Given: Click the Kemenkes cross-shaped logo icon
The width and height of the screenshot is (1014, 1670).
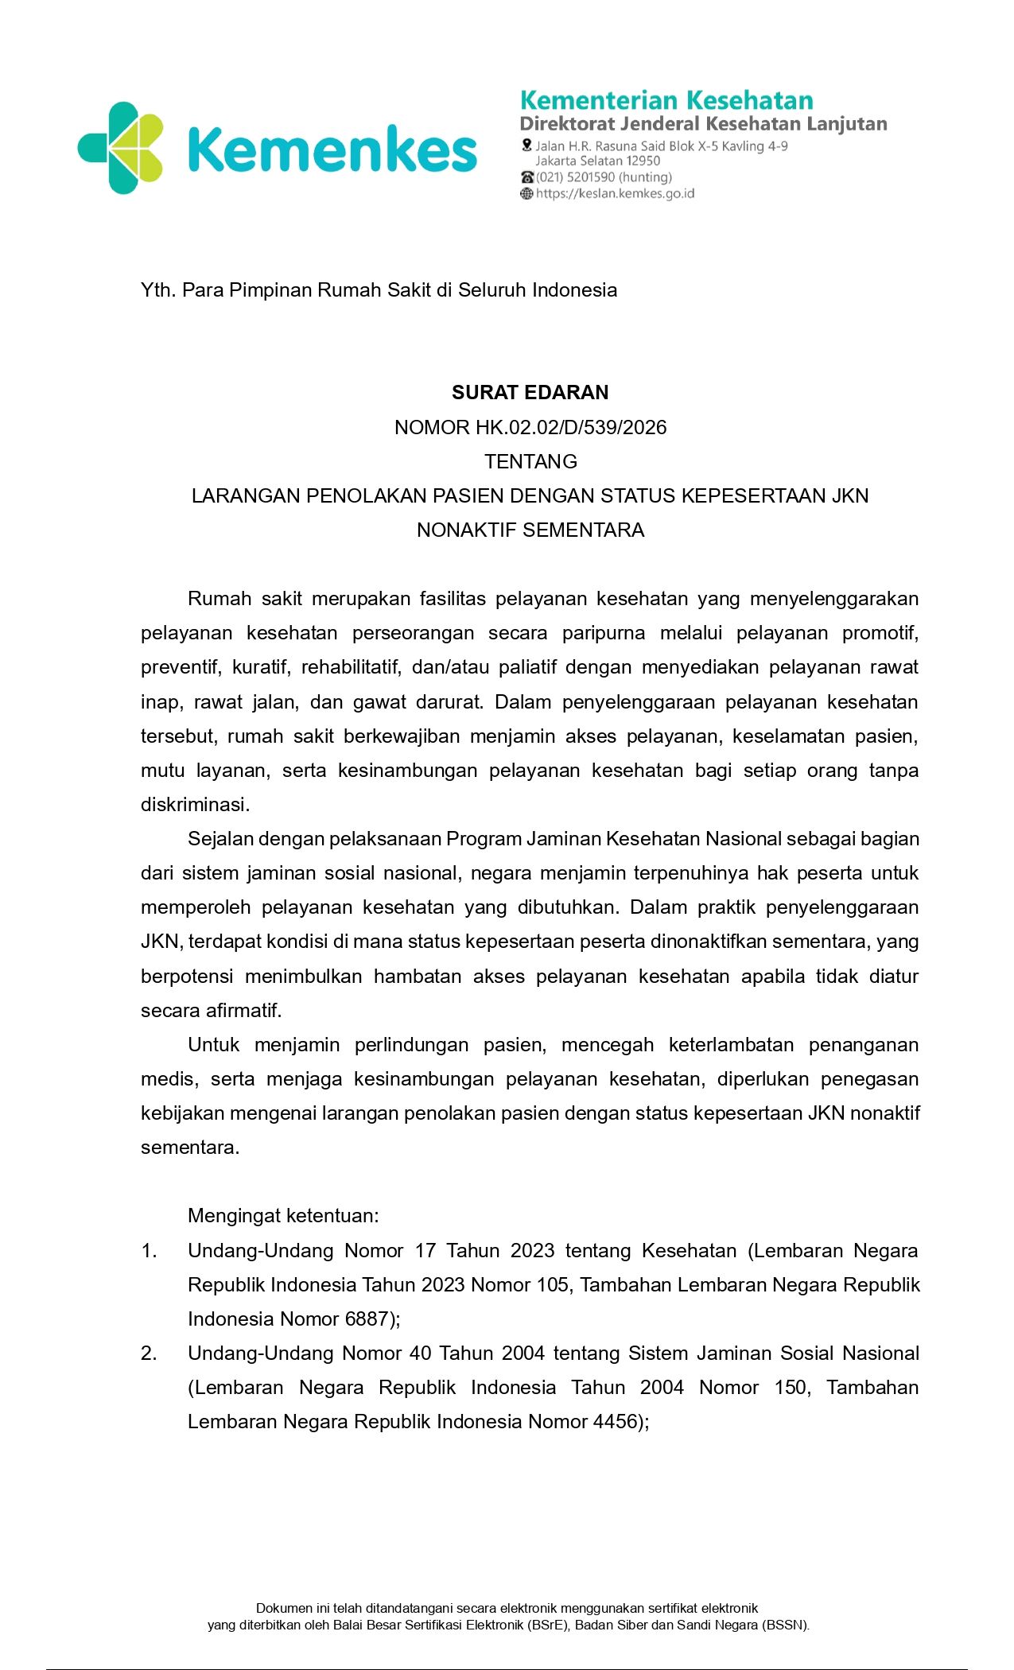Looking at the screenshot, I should coord(121,148).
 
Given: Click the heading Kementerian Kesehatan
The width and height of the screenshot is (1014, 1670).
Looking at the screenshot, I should coord(666,100).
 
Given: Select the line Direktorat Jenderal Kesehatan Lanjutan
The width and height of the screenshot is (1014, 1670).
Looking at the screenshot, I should coord(703,124).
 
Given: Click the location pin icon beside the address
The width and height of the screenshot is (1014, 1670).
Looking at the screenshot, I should coord(526,146).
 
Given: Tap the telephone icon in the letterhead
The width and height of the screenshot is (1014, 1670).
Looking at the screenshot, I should coord(526,177).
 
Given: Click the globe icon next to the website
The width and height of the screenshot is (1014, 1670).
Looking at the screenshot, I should coord(526,194).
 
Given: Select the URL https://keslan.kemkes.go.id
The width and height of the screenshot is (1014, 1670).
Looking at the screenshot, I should coord(616,194).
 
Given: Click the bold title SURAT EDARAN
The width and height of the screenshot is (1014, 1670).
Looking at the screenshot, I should coord(530,392).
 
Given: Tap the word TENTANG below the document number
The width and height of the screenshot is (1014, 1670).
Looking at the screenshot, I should coord(530,461).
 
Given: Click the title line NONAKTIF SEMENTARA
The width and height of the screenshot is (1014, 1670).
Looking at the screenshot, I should coord(530,530).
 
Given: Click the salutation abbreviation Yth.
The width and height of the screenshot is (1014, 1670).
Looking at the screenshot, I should coord(157,290).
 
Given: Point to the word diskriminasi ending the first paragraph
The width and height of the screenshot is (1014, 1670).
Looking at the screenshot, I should coord(195,805).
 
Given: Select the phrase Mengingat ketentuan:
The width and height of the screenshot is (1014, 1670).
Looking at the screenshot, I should coord(283,1216).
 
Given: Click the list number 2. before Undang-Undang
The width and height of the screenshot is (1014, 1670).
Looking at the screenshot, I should coord(149,1353).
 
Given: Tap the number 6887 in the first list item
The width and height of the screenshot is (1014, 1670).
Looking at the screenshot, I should coord(366,1319).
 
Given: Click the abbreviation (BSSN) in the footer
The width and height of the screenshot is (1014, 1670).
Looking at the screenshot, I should coord(785,1625).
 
